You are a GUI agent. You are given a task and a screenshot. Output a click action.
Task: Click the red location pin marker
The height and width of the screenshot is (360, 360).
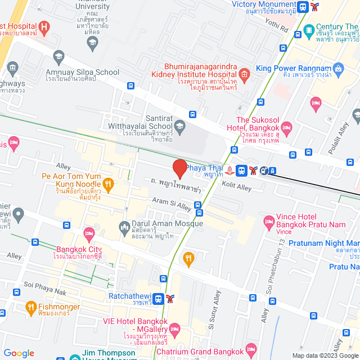(x=179, y=168)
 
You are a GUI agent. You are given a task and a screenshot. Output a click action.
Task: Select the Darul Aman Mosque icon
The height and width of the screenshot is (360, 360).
(x=124, y=227)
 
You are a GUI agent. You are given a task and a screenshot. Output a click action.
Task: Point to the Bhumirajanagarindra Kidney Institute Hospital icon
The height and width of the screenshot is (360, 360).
(x=244, y=74)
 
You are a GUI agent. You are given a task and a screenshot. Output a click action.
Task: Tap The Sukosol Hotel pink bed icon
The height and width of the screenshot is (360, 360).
(x=286, y=127)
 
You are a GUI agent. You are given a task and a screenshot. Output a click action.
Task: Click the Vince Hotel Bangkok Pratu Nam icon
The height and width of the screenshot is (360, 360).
(x=269, y=219)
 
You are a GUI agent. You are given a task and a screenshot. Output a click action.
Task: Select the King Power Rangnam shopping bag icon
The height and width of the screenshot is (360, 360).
(x=337, y=69)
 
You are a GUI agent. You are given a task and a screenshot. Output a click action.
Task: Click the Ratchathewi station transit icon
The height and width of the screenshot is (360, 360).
(x=159, y=299)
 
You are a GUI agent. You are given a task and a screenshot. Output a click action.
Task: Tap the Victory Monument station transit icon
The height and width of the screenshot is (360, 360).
(x=304, y=7)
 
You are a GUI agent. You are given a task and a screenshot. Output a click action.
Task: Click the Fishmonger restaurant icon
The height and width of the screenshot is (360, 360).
(x=31, y=308)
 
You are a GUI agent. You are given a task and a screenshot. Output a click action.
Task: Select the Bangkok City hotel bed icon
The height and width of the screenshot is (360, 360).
(x=88, y=233)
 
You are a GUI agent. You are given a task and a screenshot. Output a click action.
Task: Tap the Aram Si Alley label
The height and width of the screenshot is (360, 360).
(x=173, y=204)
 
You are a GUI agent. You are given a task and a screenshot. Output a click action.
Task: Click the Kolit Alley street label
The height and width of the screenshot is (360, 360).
(x=236, y=186)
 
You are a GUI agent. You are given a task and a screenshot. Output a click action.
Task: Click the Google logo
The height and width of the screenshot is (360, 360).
(x=19, y=353)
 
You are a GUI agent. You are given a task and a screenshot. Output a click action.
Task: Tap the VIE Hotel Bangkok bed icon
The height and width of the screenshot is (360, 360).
(x=174, y=328)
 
